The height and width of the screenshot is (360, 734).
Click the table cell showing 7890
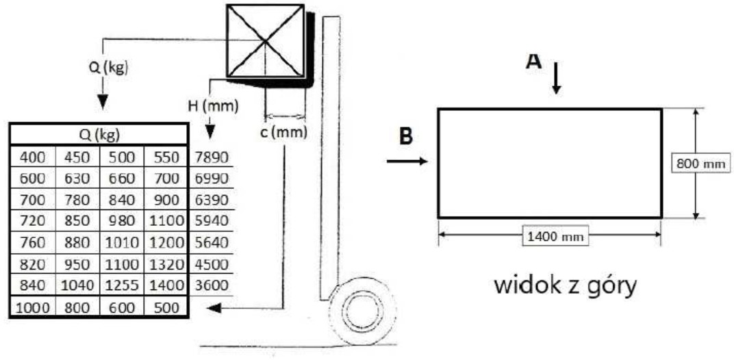click(211, 157)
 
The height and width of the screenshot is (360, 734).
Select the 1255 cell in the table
click(122, 285)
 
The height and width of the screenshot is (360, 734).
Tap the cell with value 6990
click(211, 179)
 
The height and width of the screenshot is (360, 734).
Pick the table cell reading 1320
click(166, 264)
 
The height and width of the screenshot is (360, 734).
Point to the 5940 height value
click(211, 221)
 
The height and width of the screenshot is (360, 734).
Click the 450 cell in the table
click(77, 157)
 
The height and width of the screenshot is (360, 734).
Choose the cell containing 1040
click(77, 285)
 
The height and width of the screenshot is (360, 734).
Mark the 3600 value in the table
click(211, 285)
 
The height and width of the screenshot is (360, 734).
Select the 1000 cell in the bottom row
click(32, 307)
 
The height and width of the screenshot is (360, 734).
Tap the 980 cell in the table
click(122, 221)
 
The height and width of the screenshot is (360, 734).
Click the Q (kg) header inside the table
click(99, 136)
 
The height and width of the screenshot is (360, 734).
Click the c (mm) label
click(284, 133)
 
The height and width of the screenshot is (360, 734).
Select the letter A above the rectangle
click(533, 61)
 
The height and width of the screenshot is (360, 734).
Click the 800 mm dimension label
click(700, 164)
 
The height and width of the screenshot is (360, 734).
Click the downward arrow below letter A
click(556, 77)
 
